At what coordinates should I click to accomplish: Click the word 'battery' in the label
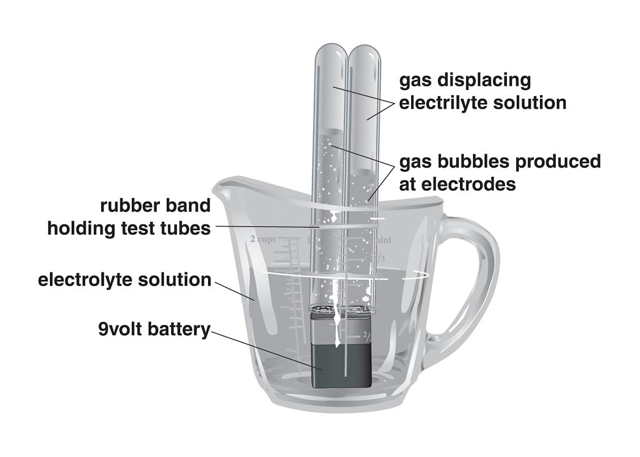click(179, 329)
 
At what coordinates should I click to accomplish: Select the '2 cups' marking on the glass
click(263, 239)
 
